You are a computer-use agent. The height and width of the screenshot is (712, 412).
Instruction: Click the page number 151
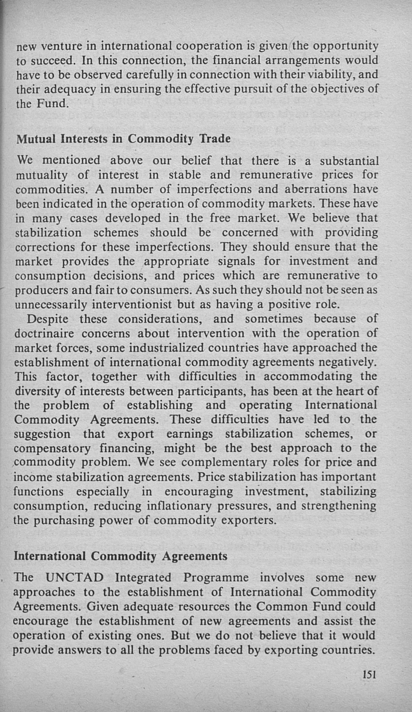point(369,675)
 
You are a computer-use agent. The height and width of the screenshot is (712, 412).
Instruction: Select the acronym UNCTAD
point(74,578)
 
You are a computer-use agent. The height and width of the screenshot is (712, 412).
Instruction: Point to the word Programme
point(216,578)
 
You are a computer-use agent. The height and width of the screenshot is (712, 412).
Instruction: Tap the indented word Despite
point(48,319)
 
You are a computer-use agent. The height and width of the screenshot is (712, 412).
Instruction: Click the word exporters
point(248,520)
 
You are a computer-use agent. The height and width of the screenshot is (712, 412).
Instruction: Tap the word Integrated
point(143,578)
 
